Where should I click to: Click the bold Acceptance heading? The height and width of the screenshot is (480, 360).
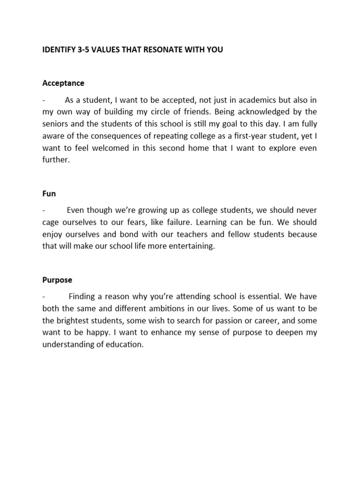(63, 83)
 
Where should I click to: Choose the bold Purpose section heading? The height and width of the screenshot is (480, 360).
(57, 280)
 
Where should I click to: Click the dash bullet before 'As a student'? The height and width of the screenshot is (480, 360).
(44, 100)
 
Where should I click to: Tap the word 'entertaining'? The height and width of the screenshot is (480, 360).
(191, 246)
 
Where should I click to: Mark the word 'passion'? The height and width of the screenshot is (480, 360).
(239, 321)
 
